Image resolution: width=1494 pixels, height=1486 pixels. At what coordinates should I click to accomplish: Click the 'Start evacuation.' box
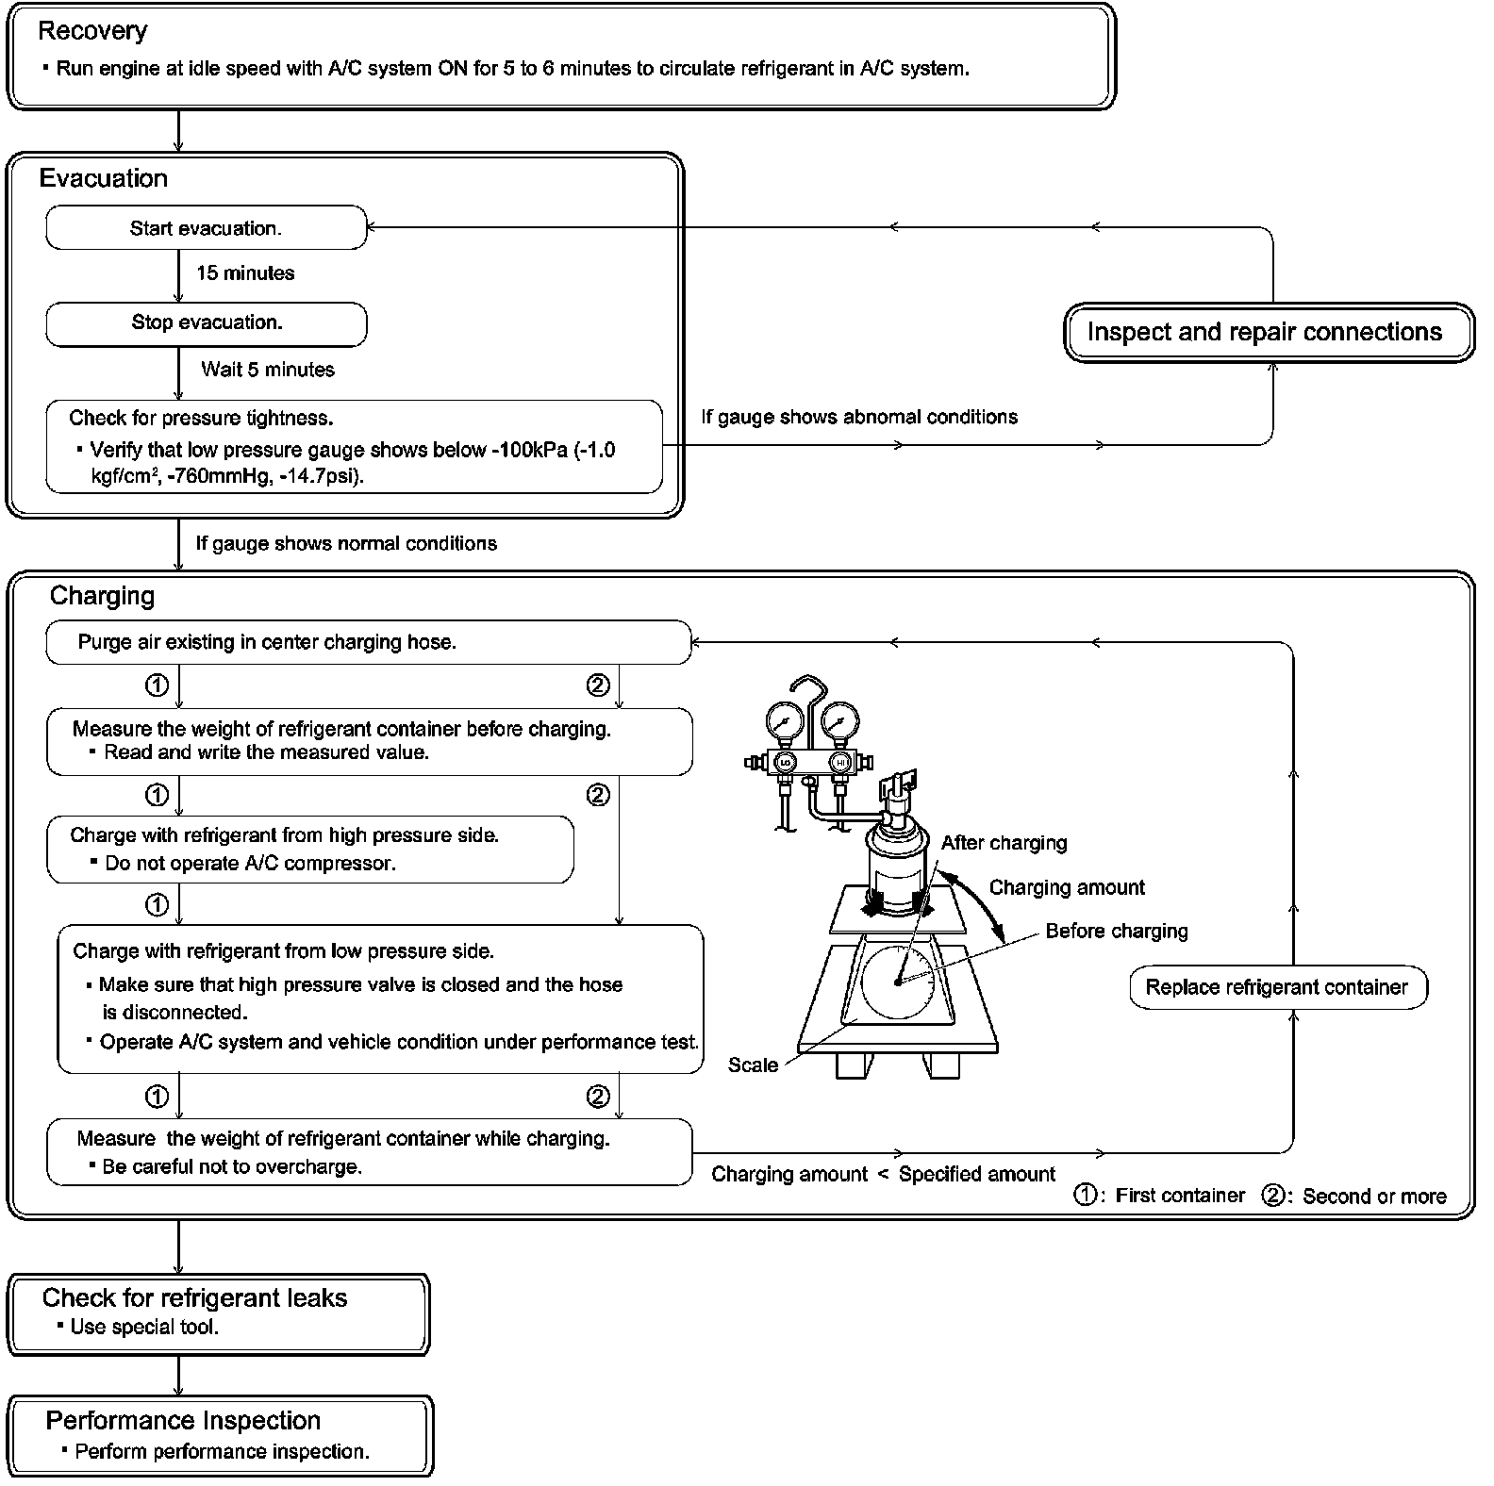206,228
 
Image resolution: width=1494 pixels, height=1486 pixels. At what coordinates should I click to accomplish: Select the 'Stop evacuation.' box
206,323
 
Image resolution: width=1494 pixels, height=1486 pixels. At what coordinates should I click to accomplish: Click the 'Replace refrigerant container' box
1277,987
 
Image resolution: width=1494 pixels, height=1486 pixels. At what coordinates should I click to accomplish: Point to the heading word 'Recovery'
92,31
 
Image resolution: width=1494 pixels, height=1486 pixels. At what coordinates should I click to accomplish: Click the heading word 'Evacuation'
104,179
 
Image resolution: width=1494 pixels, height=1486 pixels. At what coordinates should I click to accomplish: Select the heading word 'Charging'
102,596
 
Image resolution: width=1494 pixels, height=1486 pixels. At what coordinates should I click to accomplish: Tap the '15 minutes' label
245,273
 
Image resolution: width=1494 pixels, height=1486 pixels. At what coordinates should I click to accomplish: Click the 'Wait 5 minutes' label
268,370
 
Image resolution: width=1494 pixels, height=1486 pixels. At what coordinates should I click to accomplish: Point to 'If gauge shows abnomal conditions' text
859,417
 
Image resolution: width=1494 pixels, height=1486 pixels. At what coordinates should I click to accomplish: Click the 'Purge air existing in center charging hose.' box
368,642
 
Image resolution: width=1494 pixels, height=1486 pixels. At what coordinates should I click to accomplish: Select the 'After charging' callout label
1004,843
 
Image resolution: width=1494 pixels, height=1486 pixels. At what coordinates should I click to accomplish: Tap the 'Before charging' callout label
1117,932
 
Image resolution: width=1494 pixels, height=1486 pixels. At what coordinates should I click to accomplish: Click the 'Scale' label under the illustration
753,1065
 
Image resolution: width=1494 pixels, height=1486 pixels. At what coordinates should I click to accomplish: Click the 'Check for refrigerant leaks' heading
194,1298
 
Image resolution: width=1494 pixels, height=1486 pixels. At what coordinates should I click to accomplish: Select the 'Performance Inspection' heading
183,1421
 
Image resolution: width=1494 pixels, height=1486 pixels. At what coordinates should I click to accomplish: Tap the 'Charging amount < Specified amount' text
883,1175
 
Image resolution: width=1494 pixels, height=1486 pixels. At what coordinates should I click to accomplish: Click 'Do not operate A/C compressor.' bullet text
250,864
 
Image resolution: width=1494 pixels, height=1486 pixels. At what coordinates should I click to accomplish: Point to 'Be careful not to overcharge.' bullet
232,1167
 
